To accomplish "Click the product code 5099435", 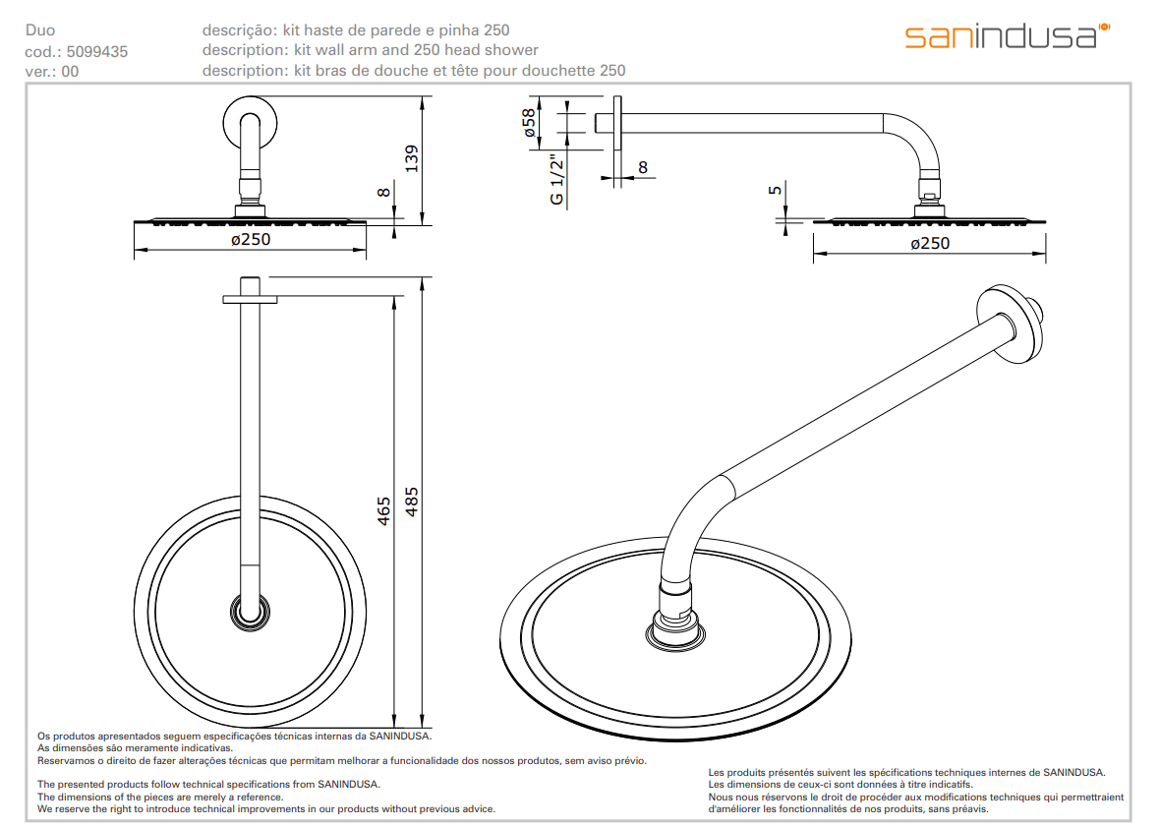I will [x=96, y=51].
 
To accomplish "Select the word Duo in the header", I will [x=39, y=30].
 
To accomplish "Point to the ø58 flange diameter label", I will [x=529, y=122].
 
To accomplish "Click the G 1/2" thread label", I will [x=556, y=180].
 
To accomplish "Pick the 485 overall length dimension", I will [x=412, y=503].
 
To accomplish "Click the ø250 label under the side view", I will [x=930, y=243].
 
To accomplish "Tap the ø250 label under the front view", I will [x=250, y=239].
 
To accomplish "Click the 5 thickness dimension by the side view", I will [x=776, y=191].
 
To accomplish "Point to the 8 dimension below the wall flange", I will [x=643, y=167].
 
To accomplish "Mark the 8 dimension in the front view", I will [x=384, y=194].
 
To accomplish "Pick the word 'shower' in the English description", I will [x=513, y=50].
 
